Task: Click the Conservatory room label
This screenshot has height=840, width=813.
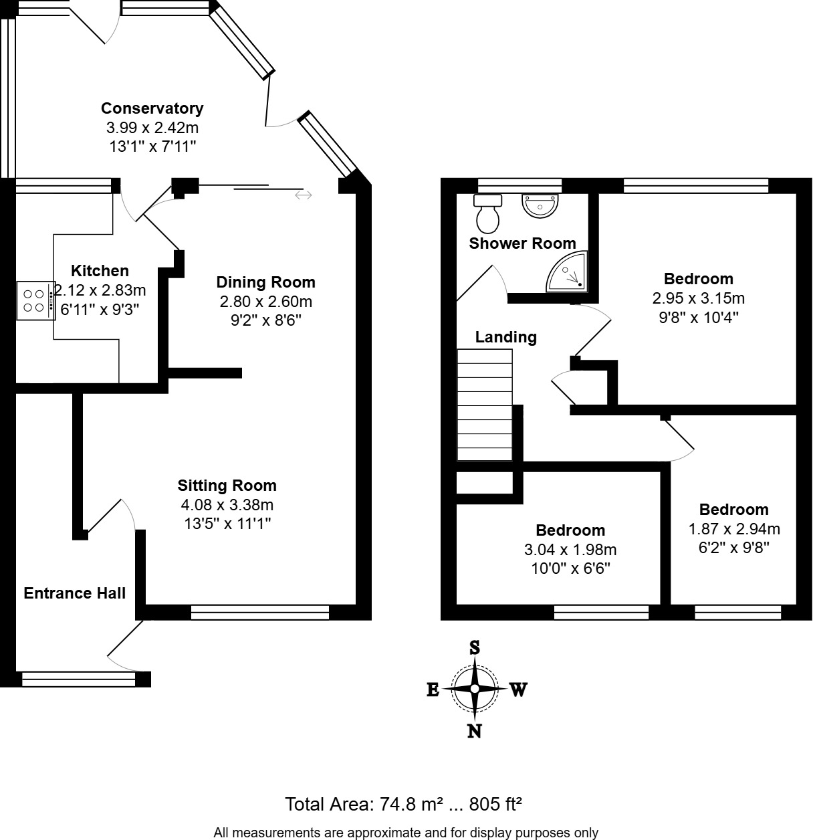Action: [152, 108]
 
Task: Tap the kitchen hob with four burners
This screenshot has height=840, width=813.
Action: [35, 300]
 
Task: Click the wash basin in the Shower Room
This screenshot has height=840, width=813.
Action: [540, 205]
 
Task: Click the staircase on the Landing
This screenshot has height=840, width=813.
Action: [484, 405]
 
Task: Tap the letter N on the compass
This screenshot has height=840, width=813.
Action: [474, 731]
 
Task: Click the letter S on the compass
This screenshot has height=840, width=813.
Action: [475, 647]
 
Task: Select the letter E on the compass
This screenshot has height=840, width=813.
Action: [433, 690]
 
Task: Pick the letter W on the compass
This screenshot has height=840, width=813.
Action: [519, 690]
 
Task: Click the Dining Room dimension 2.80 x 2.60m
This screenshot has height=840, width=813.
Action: [265, 302]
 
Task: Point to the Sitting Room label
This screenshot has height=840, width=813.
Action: [227, 486]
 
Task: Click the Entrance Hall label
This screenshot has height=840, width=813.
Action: [75, 593]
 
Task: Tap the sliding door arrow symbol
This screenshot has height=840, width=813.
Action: [304, 195]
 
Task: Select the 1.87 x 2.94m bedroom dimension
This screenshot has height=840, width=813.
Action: [734, 529]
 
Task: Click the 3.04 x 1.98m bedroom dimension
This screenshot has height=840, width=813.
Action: [570, 550]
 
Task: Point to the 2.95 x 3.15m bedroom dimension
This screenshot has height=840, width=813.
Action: [698, 298]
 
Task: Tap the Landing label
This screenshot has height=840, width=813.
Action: [505, 337]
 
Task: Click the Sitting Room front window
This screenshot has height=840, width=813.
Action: [259, 612]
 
